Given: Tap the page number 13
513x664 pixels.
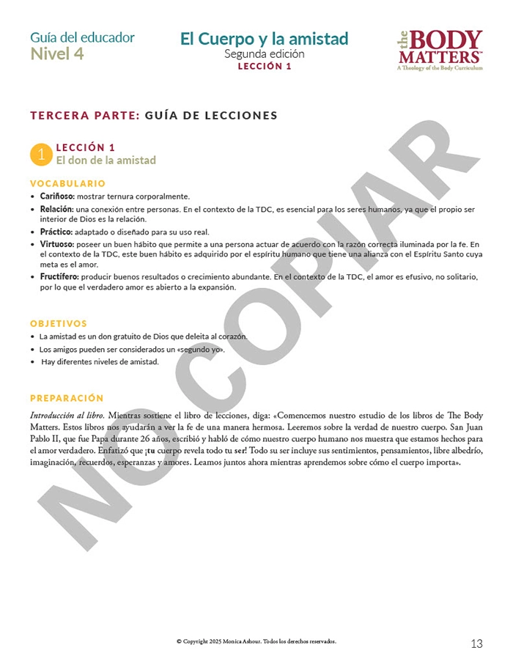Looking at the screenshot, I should [x=476, y=644].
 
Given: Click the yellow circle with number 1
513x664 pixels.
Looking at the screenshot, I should [x=41, y=154].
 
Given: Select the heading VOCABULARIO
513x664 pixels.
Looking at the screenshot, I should [x=67, y=183].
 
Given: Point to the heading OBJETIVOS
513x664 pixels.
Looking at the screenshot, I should [x=59, y=323].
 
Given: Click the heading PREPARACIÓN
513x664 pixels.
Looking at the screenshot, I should [x=67, y=398].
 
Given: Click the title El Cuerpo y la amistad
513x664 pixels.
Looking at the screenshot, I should [x=264, y=39].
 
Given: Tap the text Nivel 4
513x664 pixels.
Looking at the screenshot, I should [x=57, y=54].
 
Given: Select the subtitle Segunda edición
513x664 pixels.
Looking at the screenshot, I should [x=264, y=54].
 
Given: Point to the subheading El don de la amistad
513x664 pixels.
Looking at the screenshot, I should [x=106, y=161].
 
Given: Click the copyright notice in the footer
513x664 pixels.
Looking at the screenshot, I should [x=256, y=641].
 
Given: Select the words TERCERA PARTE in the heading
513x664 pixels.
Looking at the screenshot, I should [x=84, y=115].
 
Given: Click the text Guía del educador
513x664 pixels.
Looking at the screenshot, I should [x=82, y=37].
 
